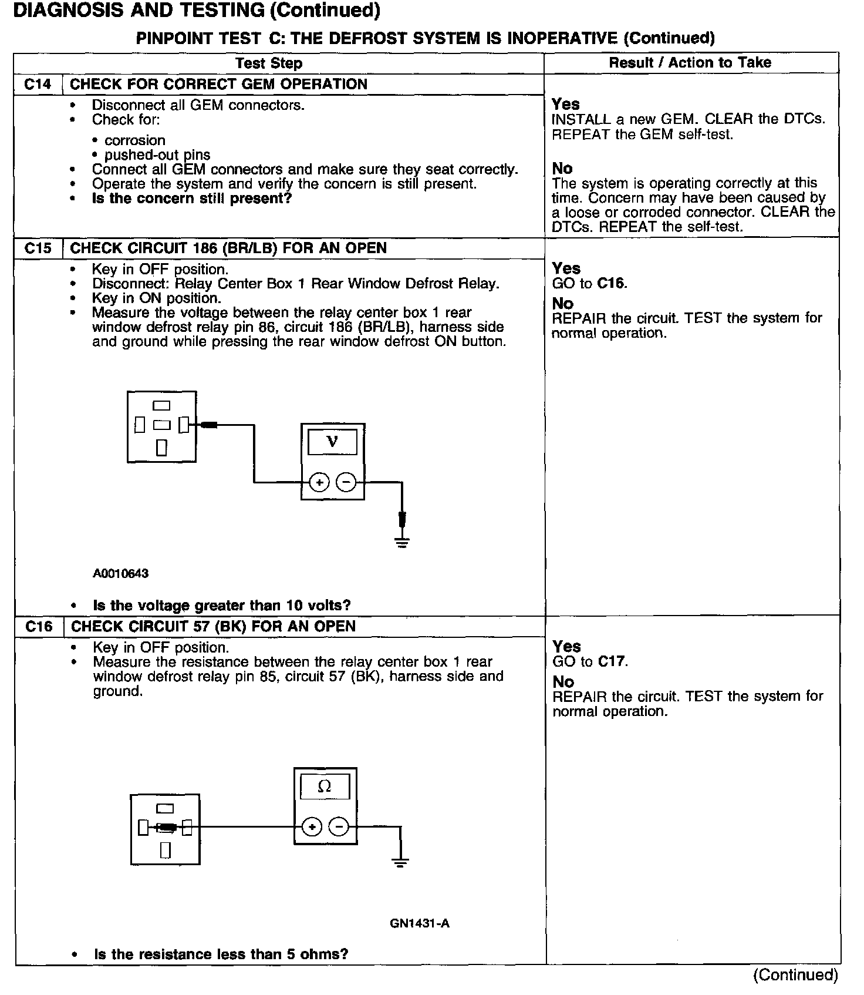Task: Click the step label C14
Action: pos(38,85)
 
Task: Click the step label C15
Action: pos(38,248)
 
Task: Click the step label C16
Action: pos(39,627)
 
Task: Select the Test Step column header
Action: pos(269,63)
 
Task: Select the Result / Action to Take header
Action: pos(690,63)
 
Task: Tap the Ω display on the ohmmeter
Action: pos(325,786)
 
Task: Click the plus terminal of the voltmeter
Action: pos(319,483)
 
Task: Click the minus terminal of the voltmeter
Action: pos(347,483)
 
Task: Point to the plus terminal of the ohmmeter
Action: pos(312,827)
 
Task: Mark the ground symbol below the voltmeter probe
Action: pos(402,542)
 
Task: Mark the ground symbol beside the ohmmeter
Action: pos(400,862)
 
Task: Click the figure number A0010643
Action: pos(120,573)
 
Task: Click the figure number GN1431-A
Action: pos(419,923)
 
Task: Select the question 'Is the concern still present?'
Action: pos(192,199)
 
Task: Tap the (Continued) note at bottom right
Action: pos(795,975)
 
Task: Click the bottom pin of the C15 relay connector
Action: pos(162,448)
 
